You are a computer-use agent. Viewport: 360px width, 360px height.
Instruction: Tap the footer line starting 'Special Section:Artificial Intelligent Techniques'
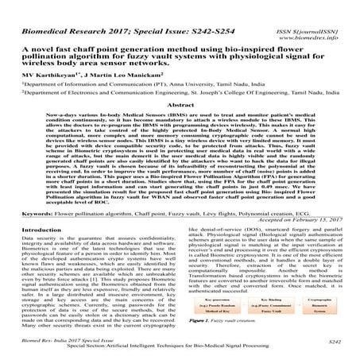click(x=180, y=349)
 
